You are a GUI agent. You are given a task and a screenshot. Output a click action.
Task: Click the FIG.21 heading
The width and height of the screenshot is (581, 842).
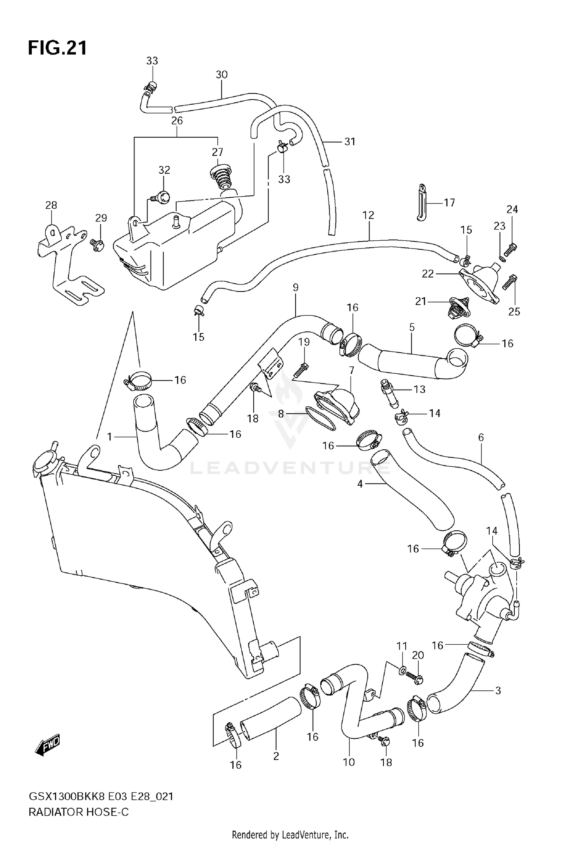57,48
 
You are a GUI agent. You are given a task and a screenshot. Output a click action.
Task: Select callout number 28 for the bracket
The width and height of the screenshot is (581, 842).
51,205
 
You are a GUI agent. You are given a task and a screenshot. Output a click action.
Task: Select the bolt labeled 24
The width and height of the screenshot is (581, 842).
512,246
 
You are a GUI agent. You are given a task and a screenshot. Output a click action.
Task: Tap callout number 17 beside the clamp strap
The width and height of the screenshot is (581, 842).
449,202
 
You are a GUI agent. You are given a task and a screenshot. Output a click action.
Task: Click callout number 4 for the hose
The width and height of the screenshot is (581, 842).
360,484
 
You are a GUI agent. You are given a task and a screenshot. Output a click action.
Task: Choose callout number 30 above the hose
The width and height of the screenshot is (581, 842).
222,74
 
